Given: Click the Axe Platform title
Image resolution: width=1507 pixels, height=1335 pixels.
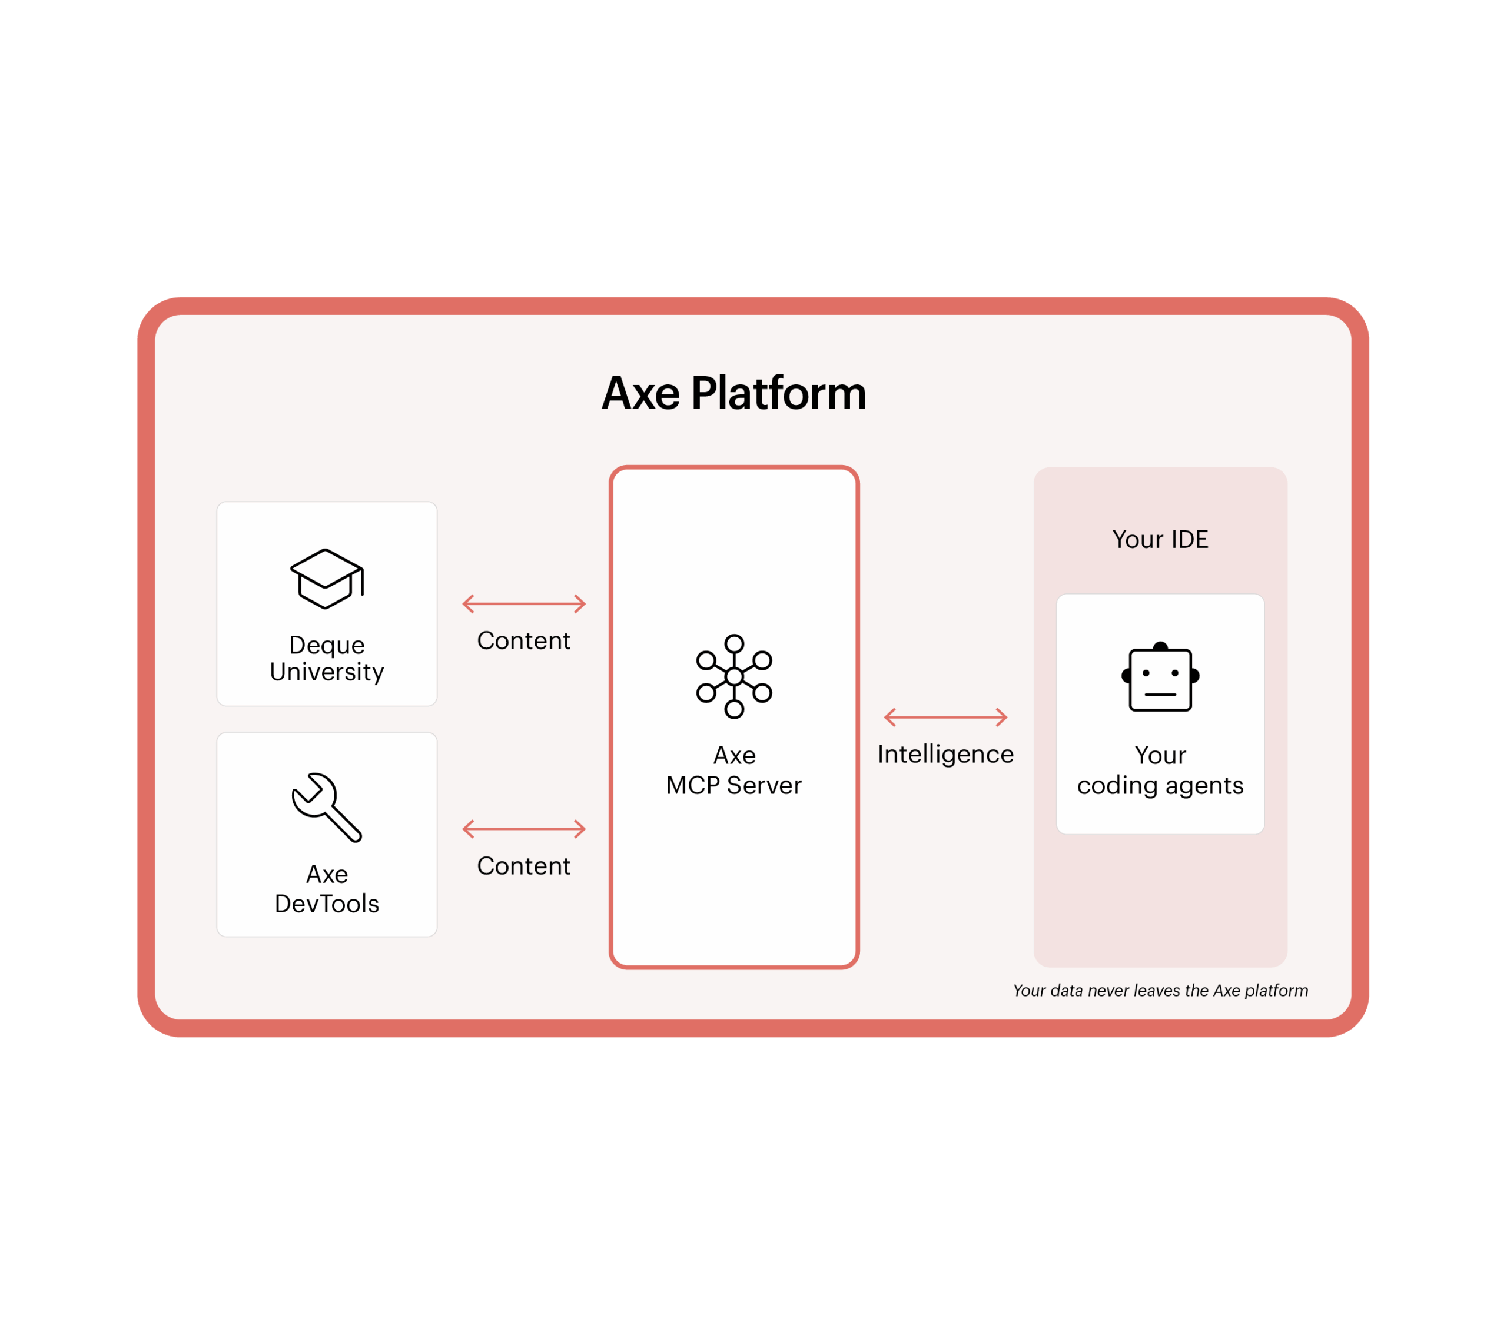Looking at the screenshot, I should point(733,393).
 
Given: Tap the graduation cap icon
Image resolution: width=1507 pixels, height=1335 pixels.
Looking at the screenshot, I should point(327,579).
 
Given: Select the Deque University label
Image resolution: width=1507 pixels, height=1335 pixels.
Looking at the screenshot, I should point(327,658).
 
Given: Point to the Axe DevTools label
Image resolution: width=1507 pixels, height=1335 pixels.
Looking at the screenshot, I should point(327,888).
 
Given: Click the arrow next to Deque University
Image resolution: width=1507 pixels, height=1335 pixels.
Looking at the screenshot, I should point(523,604).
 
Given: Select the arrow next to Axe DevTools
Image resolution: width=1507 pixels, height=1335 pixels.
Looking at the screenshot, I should point(523,829).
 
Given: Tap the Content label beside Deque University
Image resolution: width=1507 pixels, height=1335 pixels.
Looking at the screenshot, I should point(523,640).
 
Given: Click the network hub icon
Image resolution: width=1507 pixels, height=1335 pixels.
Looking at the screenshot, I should point(733,676).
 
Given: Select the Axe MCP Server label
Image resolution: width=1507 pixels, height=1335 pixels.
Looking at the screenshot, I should point(733,771).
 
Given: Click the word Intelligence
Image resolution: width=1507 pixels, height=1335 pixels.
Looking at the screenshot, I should point(945,754).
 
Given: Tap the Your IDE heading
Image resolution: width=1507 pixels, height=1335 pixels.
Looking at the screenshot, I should point(1160,540).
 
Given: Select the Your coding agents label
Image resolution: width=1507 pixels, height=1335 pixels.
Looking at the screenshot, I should point(1160,771).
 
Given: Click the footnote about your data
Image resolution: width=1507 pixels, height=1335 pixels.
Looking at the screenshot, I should point(1160,991).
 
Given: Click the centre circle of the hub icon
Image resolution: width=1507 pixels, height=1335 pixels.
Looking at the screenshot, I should point(733,676).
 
